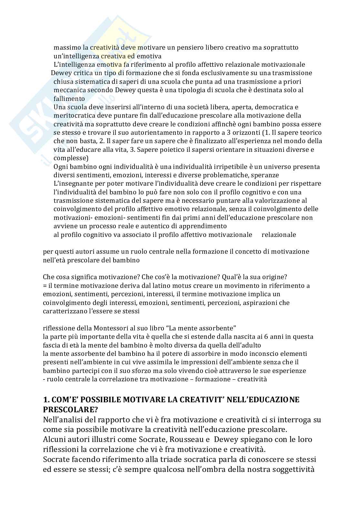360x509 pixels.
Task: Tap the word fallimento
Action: point(69,99)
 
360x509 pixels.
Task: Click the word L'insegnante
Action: point(71,184)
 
